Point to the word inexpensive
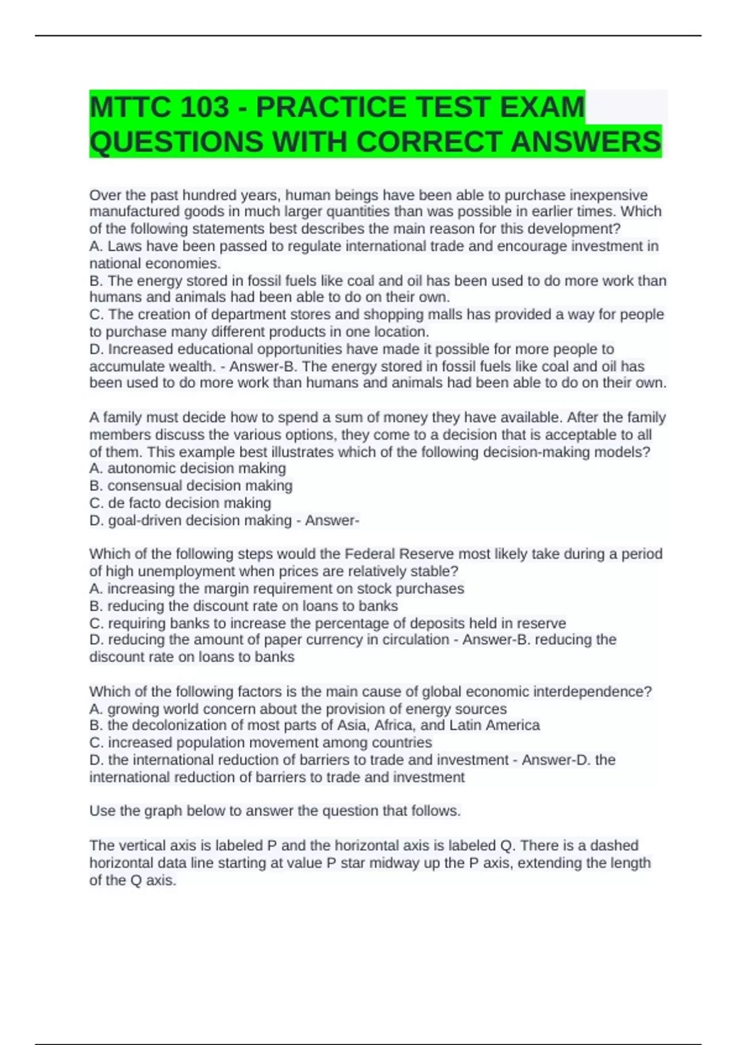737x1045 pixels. click(609, 195)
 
